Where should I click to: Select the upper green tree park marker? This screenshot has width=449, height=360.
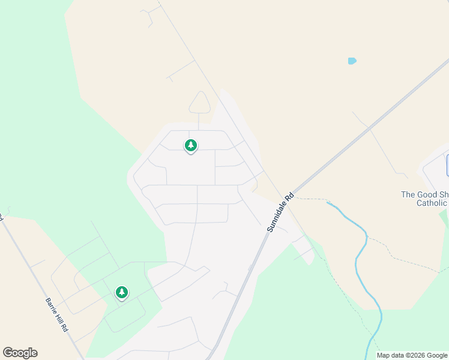pyautogui.click(x=191, y=145)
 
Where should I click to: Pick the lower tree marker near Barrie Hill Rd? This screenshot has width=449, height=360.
pyautogui.click(x=122, y=292)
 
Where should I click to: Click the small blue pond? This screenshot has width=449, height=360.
pyautogui.click(x=352, y=61)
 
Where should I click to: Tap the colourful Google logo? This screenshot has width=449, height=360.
pyautogui.click(x=20, y=353)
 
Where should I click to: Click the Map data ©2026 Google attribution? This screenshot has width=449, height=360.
pyautogui.click(x=412, y=355)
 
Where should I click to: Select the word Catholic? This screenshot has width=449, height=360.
pyautogui.click(x=432, y=203)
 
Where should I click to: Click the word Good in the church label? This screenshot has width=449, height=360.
pyautogui.click(x=426, y=194)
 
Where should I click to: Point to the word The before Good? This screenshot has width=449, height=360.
pyautogui.click(x=408, y=194)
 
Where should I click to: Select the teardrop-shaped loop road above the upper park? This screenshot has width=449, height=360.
pyautogui.click(x=199, y=103)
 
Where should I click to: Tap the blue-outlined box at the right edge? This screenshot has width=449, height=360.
pyautogui.click(x=447, y=165)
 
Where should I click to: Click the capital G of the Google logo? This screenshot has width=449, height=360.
pyautogui.click(x=8, y=353)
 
